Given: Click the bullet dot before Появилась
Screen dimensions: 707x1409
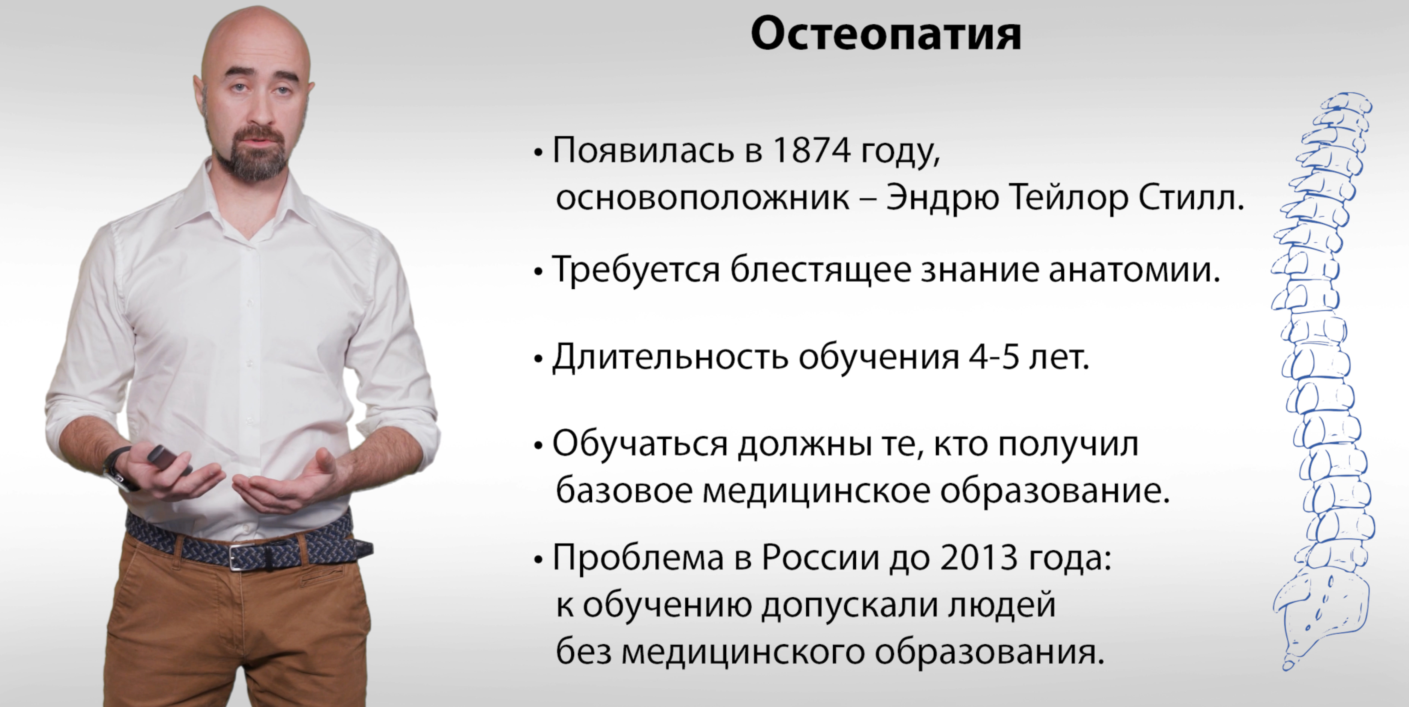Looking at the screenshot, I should coord(539,152).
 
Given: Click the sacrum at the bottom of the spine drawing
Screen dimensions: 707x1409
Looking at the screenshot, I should coord(1324,613).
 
